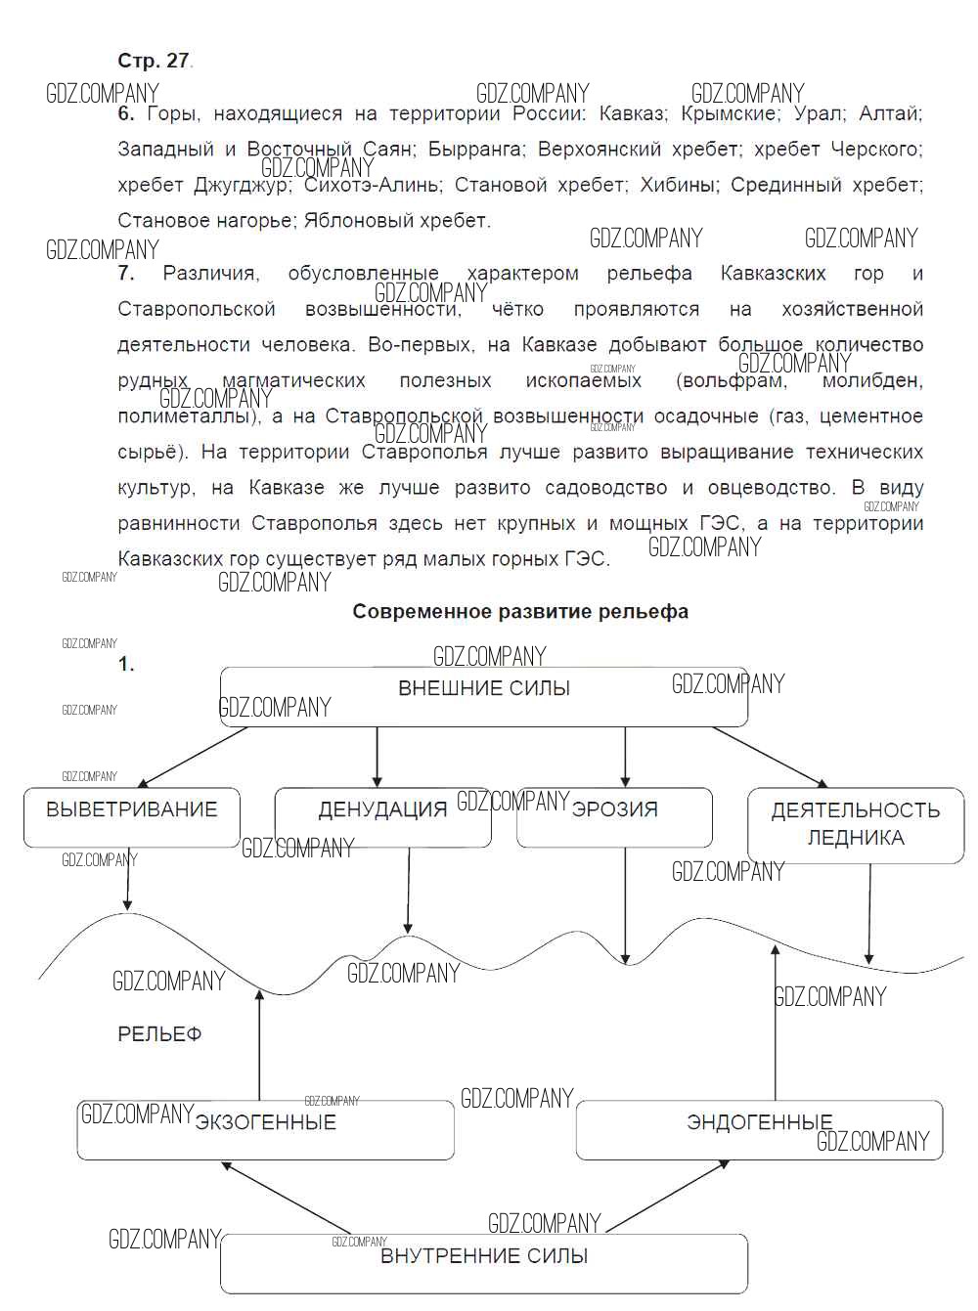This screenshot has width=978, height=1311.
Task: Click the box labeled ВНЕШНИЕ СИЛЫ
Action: [x=483, y=696]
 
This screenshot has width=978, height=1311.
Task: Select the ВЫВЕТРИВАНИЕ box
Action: [x=132, y=817]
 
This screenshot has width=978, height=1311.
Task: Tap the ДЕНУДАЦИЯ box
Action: [x=382, y=817]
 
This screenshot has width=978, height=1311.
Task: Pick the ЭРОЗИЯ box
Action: [x=614, y=817]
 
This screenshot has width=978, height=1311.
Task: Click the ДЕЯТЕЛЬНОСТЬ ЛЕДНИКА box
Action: [x=856, y=824]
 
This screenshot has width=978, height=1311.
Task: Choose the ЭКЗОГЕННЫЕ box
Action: [x=265, y=1129]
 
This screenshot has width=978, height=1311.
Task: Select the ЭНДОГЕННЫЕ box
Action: [x=759, y=1129]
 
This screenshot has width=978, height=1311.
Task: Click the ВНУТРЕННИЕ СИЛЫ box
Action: [x=483, y=1263]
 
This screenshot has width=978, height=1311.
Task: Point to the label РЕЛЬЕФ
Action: [x=159, y=1034]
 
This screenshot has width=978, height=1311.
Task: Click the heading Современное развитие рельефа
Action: [x=520, y=611]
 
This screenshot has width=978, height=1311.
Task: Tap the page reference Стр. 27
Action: [x=154, y=61]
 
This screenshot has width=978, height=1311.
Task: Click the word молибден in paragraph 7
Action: [x=870, y=380]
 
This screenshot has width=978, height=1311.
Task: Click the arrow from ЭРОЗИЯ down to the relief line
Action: [x=626, y=903]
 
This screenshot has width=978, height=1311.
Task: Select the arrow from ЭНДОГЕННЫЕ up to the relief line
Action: [x=775, y=1023]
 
